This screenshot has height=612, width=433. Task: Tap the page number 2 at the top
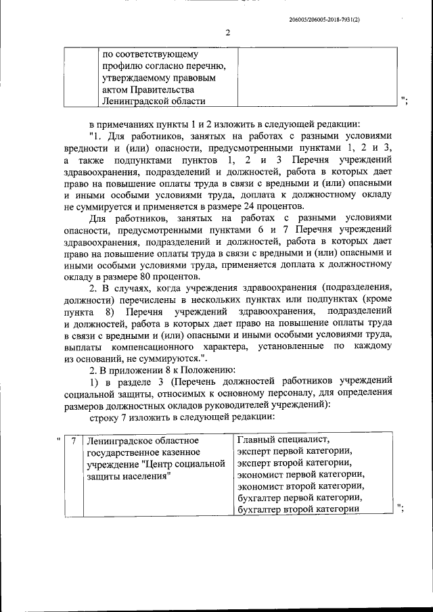click(x=228, y=32)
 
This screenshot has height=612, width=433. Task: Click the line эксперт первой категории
click(x=294, y=452)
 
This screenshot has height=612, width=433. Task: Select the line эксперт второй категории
click(x=294, y=463)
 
